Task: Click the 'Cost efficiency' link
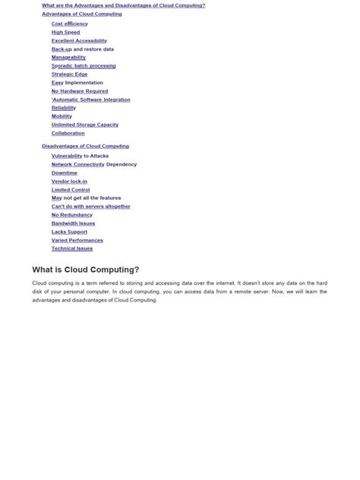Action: (x=70, y=24)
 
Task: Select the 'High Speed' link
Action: (x=65, y=32)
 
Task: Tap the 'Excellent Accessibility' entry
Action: (x=79, y=40)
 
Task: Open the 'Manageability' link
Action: (x=68, y=57)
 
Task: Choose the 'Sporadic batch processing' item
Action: (x=84, y=66)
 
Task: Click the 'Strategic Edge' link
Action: (x=69, y=74)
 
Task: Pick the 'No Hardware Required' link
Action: (x=80, y=91)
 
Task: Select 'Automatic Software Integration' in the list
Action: (x=91, y=99)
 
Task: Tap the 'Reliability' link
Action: (x=64, y=108)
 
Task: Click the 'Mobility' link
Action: (x=62, y=116)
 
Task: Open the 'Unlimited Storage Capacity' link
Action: (x=85, y=125)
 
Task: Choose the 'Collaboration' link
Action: (x=68, y=133)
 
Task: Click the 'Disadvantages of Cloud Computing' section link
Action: (x=85, y=146)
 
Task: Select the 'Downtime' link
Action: (x=65, y=173)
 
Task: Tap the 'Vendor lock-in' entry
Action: (x=69, y=182)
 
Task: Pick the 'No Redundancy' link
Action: (x=72, y=215)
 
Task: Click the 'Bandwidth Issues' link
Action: (x=74, y=223)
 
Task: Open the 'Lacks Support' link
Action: (x=69, y=232)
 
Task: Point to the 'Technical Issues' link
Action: (x=72, y=248)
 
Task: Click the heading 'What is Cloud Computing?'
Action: (x=86, y=270)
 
